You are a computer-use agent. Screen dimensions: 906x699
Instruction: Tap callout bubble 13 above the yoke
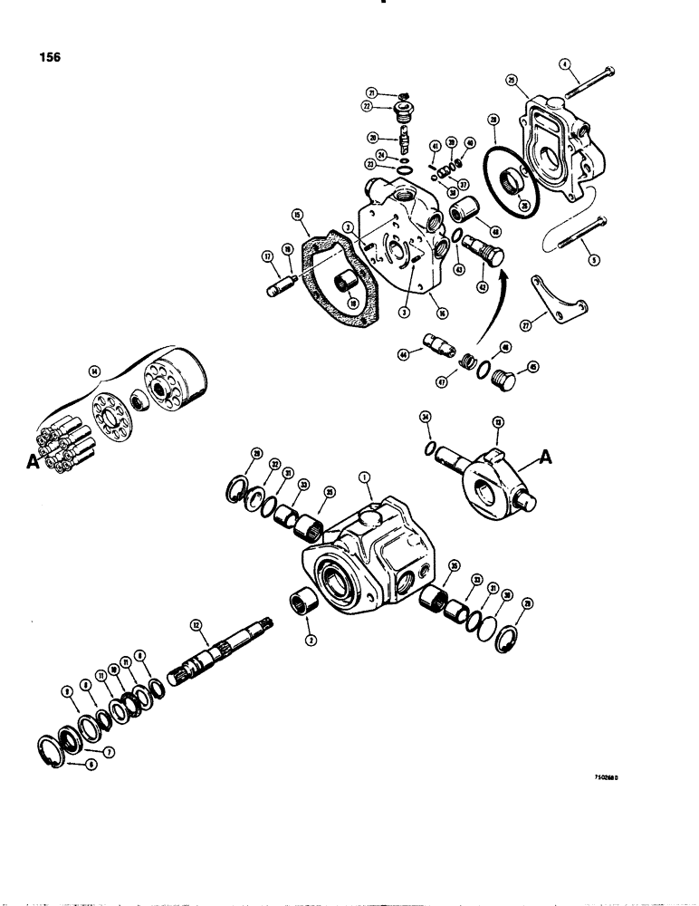[x=497, y=422]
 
